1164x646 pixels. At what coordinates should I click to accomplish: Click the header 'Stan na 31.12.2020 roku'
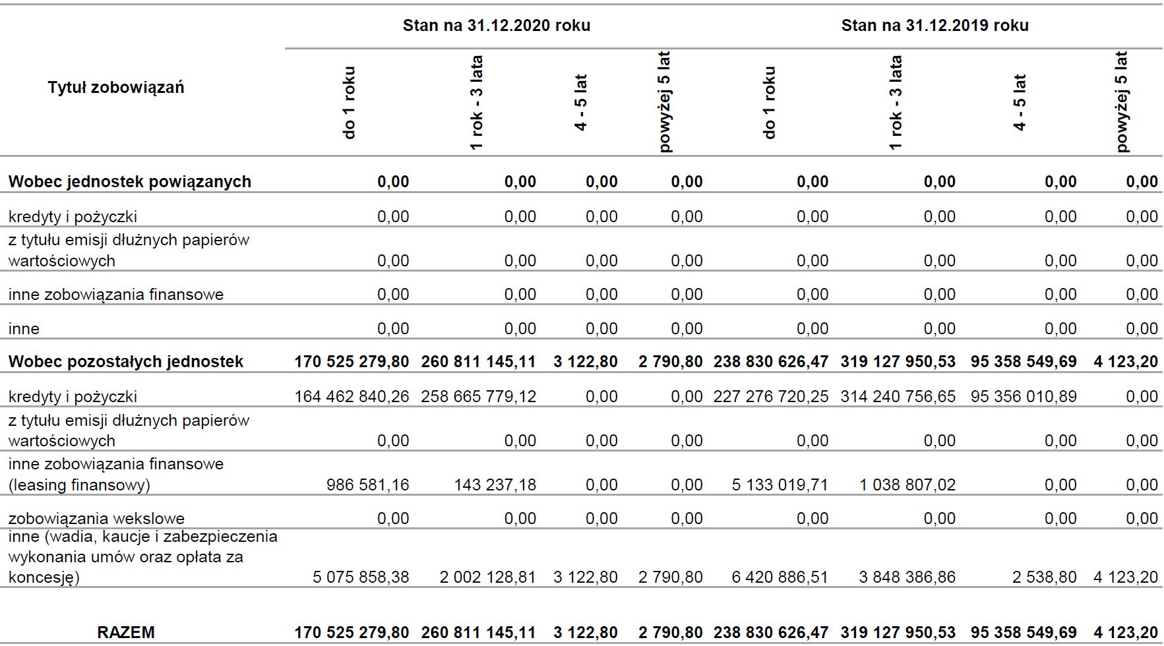tap(496, 26)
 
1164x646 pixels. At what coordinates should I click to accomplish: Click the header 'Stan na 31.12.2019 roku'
tap(934, 26)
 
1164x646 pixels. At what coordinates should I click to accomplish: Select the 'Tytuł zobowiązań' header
tap(115, 88)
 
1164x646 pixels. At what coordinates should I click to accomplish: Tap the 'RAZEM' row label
tap(126, 632)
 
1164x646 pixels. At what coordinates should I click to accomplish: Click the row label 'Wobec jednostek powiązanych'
tap(130, 182)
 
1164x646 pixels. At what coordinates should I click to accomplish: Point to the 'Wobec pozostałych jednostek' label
tap(126, 362)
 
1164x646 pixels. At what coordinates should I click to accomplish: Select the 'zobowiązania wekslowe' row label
tap(96, 519)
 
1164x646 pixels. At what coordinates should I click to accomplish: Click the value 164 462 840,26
tap(352, 397)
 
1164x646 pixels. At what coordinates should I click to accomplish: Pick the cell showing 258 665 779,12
tap(478, 397)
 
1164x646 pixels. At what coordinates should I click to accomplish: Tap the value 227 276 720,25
tap(770, 397)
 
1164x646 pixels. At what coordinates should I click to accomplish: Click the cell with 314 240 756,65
tap(898, 397)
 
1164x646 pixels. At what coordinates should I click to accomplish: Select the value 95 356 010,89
tap(1024, 397)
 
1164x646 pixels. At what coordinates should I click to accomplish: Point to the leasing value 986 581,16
tap(367, 485)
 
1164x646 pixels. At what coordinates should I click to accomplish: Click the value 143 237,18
tap(495, 485)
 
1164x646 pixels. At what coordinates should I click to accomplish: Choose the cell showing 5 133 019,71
tap(780, 485)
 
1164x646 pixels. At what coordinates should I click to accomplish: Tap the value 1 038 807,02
tap(907, 485)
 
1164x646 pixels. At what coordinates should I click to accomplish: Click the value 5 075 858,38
tap(361, 577)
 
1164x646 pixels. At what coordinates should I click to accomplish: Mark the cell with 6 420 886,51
tap(780, 577)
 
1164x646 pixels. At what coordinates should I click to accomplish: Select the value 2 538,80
tap(1044, 577)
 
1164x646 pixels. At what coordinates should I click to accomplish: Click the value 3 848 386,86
tap(907, 577)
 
